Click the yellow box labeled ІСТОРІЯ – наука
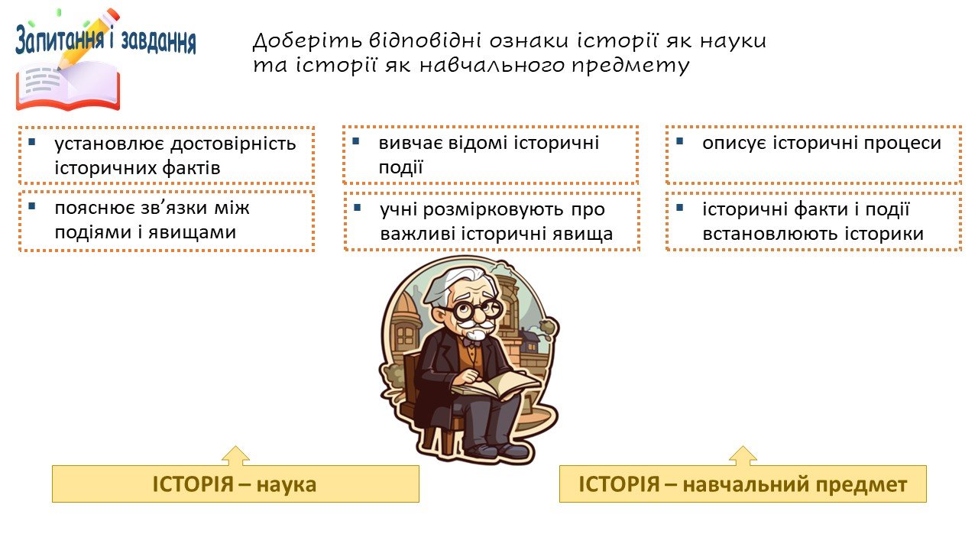click(x=235, y=484)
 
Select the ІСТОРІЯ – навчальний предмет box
click(x=743, y=484)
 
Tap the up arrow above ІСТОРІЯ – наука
click(x=236, y=456)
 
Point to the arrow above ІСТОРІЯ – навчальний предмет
click(x=743, y=456)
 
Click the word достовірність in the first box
click(x=234, y=144)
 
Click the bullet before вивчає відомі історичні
click(x=356, y=141)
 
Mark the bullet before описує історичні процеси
click(x=680, y=141)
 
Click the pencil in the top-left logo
click(x=88, y=39)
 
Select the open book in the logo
click(x=68, y=87)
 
